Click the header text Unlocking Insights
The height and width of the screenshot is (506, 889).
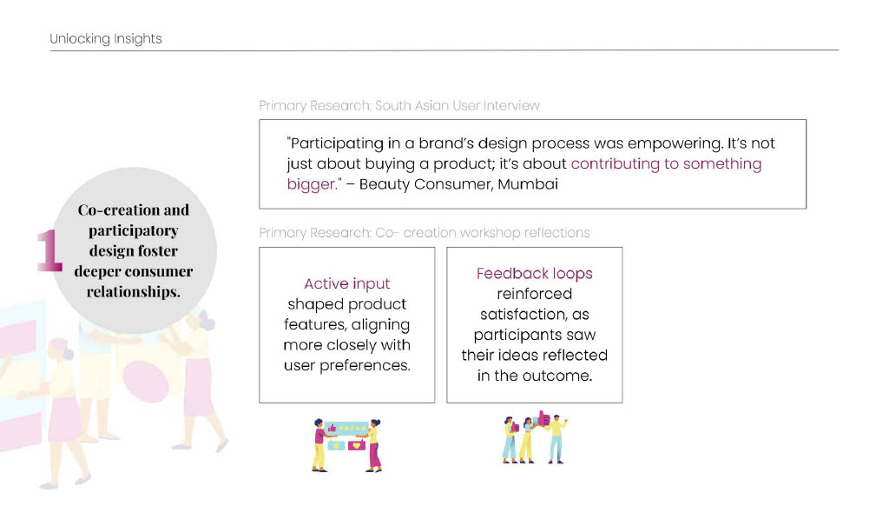pyautogui.click(x=105, y=38)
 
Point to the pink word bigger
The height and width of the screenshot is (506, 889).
pyautogui.click(x=312, y=184)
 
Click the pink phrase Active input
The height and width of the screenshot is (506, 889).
pyautogui.click(x=347, y=283)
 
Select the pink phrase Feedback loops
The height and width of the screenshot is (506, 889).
pyautogui.click(x=534, y=274)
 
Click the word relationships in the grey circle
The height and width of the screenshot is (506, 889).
pyautogui.click(x=132, y=291)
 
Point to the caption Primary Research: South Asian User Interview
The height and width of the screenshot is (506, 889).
pyautogui.click(x=399, y=105)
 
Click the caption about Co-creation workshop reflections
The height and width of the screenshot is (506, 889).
pyautogui.click(x=424, y=233)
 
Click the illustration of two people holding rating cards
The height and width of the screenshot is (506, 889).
pyautogui.click(x=347, y=445)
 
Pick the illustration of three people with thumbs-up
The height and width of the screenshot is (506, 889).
pyautogui.click(x=535, y=436)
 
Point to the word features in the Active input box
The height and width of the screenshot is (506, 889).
pyautogui.click(x=315, y=325)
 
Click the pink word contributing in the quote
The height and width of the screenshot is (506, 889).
pyautogui.click(x=615, y=164)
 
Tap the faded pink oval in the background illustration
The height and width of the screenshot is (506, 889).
pyautogui.click(x=146, y=382)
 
